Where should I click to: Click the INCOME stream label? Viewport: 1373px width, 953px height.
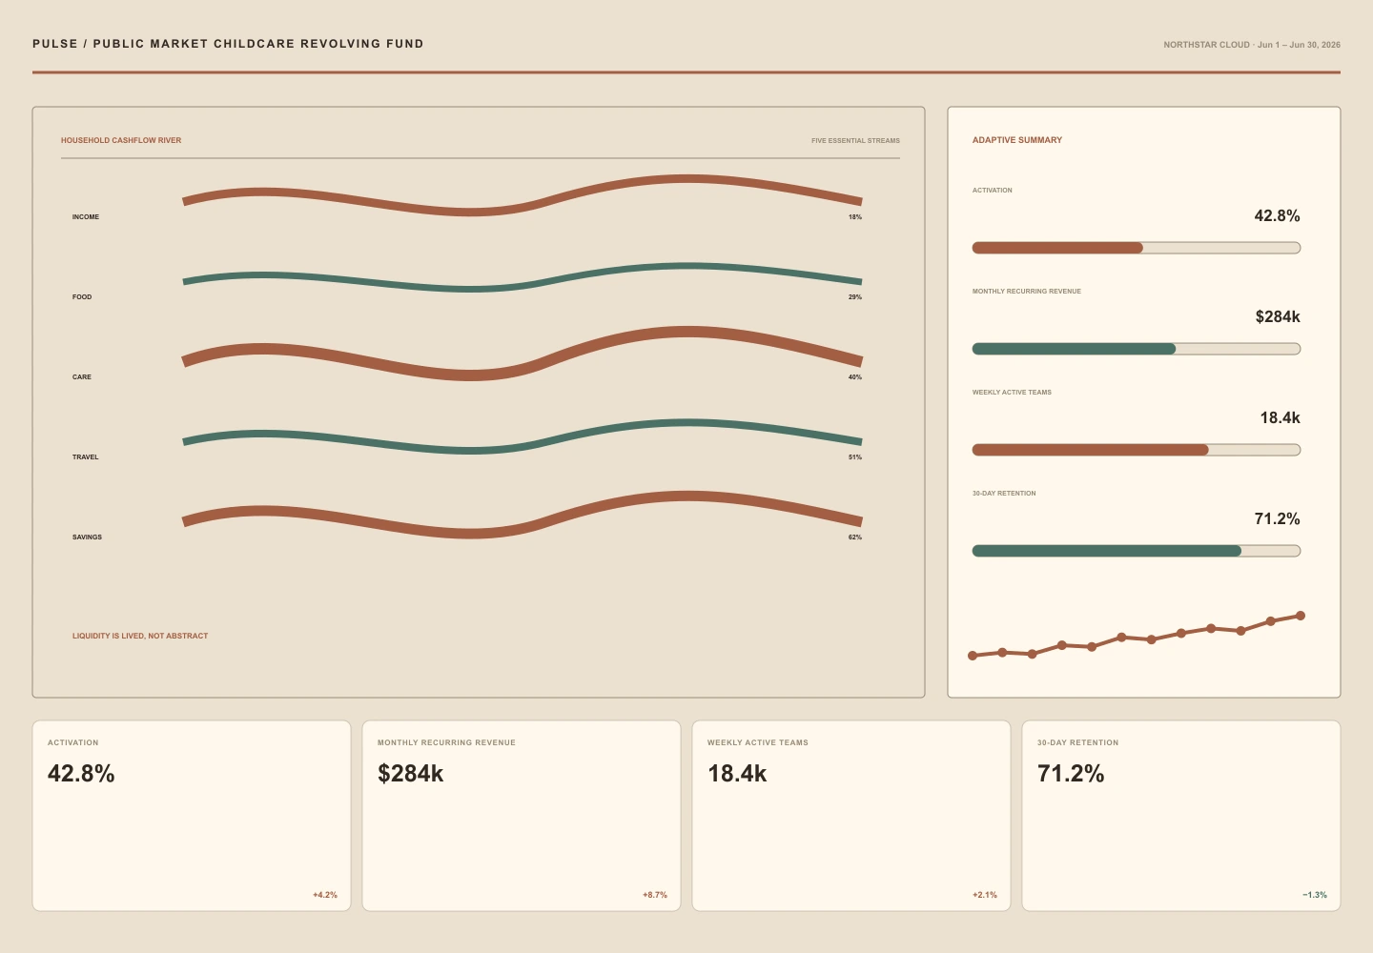coord(85,217)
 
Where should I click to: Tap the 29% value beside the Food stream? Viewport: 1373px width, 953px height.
coord(855,297)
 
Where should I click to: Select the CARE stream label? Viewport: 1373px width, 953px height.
coord(82,376)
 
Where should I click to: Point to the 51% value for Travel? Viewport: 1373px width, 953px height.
coord(855,456)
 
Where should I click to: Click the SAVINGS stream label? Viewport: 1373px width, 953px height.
coord(87,537)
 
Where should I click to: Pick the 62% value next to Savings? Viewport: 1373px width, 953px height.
coord(855,537)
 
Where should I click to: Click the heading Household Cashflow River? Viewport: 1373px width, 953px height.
coord(121,140)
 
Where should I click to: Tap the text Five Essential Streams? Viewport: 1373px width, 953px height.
coord(855,141)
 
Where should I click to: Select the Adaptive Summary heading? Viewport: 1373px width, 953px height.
coord(1016,140)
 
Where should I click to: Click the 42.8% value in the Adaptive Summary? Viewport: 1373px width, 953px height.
coord(1277,215)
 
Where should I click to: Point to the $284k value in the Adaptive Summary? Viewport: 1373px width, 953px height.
coord(1278,316)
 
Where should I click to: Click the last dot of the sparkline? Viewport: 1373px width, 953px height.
coord(1301,616)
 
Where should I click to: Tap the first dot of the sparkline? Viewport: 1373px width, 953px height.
coord(973,656)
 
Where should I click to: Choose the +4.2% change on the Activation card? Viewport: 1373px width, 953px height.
coord(325,895)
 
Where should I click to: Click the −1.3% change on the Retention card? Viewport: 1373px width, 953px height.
coord(1315,895)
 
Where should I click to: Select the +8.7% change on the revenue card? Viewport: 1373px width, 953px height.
coord(655,895)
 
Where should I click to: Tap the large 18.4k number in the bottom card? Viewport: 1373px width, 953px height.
coord(737,774)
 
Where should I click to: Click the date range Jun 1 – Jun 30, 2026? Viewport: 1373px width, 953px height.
coord(1299,45)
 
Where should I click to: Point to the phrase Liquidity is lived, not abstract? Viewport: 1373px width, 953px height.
coord(140,636)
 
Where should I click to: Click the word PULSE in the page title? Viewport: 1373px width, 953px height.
coord(55,44)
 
